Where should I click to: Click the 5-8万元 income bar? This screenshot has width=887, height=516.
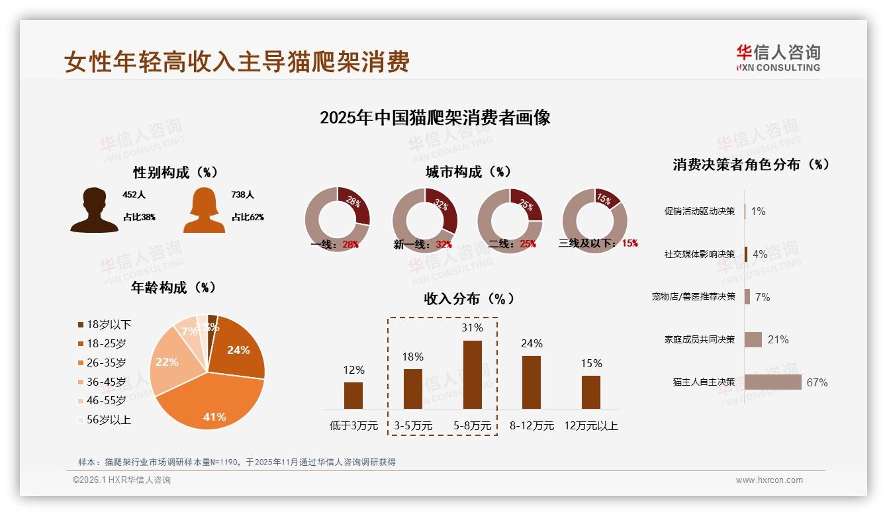pyautogui.click(x=472, y=374)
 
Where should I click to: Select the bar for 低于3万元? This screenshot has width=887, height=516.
pyautogui.click(x=353, y=395)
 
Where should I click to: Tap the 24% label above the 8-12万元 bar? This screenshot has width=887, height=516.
pyautogui.click(x=532, y=343)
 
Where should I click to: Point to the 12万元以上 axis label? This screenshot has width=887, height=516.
pyautogui.click(x=591, y=426)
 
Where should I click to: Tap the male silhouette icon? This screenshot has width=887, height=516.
pyautogui.click(x=94, y=210)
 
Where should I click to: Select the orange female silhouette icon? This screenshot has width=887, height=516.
pyautogui.click(x=204, y=210)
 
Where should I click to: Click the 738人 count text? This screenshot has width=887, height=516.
pyautogui.click(x=243, y=195)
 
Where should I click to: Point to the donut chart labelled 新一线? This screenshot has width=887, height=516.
pyautogui.click(x=424, y=220)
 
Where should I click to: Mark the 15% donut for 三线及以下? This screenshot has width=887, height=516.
pyautogui.click(x=594, y=220)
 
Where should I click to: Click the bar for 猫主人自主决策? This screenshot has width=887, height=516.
pyautogui.click(x=772, y=382)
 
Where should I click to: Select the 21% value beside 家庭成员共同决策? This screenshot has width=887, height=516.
pyautogui.click(x=778, y=339)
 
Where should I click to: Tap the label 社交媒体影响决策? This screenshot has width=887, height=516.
pyautogui.click(x=700, y=254)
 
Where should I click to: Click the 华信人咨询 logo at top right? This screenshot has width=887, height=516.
pyautogui.click(x=778, y=58)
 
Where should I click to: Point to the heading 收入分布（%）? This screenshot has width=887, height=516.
pyautogui.click(x=469, y=298)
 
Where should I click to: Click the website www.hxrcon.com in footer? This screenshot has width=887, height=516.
pyautogui.click(x=769, y=480)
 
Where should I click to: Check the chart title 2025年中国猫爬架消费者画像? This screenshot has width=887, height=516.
pyautogui.click(x=435, y=118)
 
